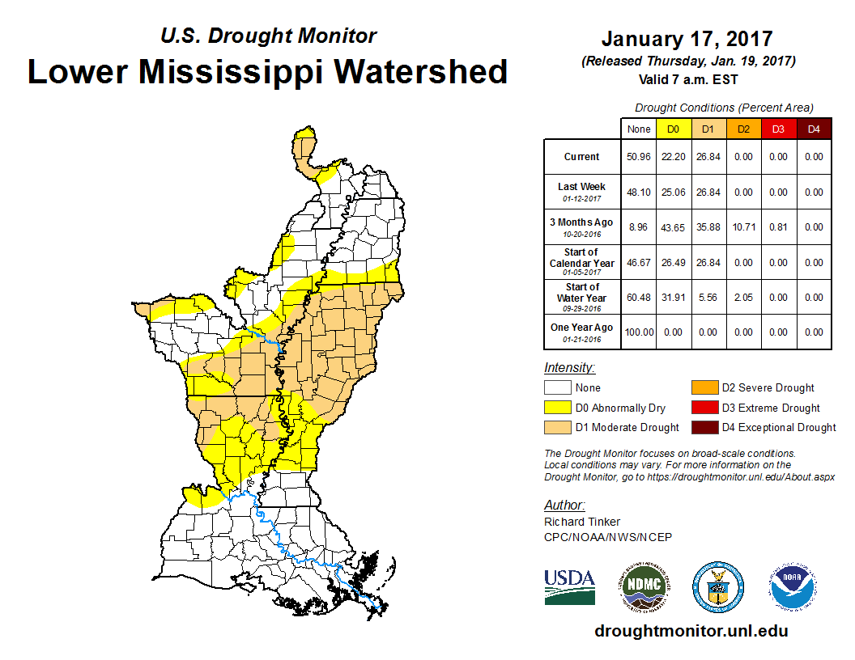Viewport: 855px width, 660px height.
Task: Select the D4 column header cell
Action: point(814,129)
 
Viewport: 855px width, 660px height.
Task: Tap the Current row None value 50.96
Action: point(638,157)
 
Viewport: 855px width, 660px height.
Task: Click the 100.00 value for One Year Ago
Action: point(638,332)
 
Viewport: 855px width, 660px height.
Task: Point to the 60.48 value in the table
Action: point(638,298)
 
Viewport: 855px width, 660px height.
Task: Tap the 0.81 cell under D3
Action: point(779,227)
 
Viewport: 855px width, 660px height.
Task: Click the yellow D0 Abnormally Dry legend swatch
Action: point(557,408)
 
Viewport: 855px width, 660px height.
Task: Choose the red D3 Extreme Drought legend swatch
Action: point(704,408)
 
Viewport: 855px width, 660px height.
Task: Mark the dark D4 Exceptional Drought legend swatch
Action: point(704,428)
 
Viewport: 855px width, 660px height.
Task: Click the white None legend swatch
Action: point(557,388)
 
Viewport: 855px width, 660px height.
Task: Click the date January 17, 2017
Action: point(687,39)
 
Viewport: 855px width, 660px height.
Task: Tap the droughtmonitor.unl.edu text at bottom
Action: point(691,631)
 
